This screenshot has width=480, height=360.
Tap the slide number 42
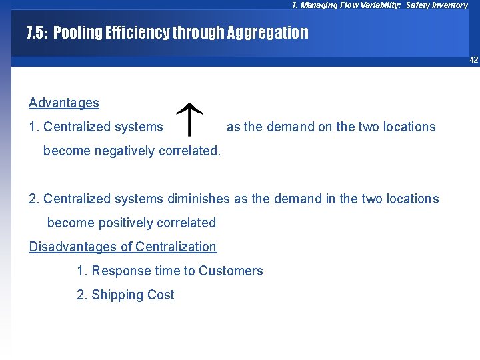[473, 60]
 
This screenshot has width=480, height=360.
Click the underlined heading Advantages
[64, 103]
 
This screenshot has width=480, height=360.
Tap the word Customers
[231, 271]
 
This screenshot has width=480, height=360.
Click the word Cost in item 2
[161, 295]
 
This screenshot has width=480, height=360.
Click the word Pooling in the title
[76, 33]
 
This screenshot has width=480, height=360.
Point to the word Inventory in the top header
[451, 5]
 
